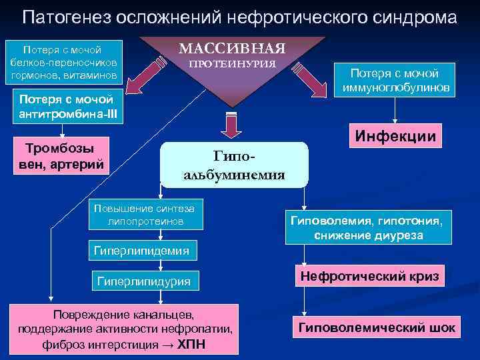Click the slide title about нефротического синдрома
(239, 17)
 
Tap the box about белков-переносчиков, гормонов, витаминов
(62, 62)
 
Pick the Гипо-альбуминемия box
(234, 165)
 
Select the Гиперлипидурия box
(143, 281)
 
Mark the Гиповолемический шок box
(377, 327)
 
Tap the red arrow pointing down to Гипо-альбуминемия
(232, 125)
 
